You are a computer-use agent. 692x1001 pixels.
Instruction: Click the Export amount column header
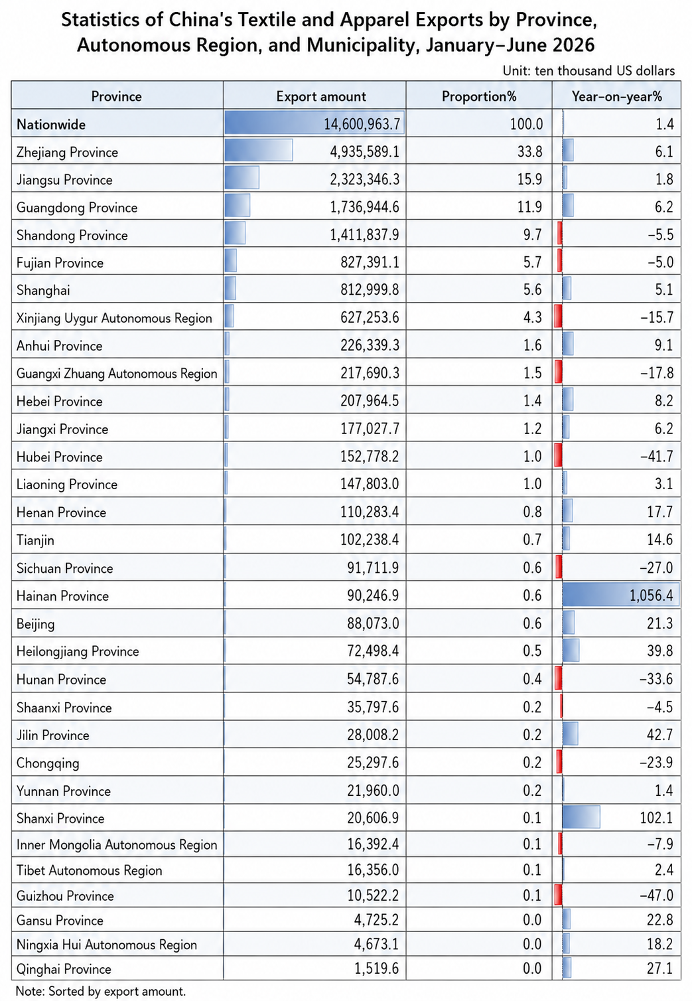point(320,96)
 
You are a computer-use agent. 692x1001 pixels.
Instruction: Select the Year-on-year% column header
point(616,96)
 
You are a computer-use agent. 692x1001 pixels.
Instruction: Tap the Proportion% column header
point(479,96)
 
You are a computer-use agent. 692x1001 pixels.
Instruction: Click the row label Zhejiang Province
point(67,153)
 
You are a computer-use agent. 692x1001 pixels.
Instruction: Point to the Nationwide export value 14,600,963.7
point(362,123)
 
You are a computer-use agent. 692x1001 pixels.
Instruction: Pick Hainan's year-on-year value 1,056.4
point(651,595)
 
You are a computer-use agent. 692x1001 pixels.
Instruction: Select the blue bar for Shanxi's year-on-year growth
point(581,817)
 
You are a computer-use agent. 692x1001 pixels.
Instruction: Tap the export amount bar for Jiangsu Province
point(242,177)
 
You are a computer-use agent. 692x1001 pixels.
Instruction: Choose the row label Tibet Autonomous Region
point(90,870)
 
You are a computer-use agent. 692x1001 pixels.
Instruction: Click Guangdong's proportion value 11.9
point(529,207)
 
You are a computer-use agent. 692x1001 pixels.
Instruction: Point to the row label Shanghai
point(43,291)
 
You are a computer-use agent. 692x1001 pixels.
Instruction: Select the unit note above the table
point(588,70)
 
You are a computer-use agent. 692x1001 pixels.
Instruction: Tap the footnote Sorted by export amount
point(117,991)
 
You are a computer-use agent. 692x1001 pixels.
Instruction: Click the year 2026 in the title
point(573,45)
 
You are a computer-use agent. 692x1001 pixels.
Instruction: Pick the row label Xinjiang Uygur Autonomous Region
point(114,318)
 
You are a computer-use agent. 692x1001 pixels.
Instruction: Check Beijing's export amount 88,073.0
point(373,623)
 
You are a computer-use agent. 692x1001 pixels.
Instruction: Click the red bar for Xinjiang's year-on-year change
point(558,316)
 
